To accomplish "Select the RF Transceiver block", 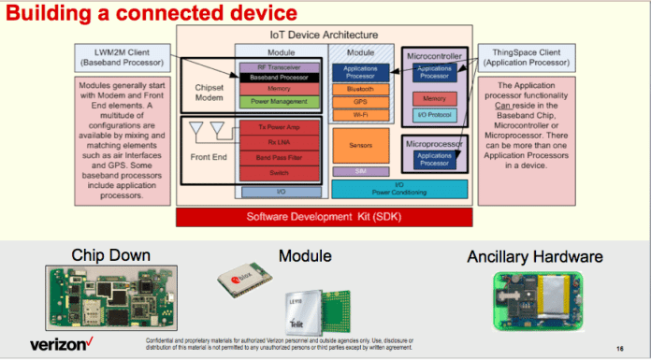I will point(280,67).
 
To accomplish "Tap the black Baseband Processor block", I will point(280,79).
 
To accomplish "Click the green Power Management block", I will point(280,101).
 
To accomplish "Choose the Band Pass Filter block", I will point(280,159).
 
